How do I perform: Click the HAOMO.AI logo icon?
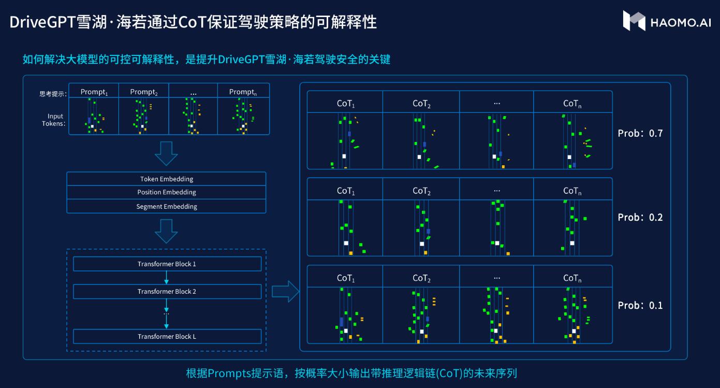click(x=634, y=20)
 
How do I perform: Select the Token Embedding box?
click(x=166, y=179)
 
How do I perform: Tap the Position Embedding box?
click(x=166, y=192)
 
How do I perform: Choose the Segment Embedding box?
click(x=166, y=206)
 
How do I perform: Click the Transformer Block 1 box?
click(x=167, y=264)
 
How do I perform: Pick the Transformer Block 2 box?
click(x=167, y=291)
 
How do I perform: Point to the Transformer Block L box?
click(x=167, y=336)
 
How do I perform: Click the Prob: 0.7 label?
click(x=640, y=133)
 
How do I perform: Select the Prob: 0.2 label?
click(x=640, y=217)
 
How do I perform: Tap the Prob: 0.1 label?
click(x=640, y=305)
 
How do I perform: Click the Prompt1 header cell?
click(x=94, y=92)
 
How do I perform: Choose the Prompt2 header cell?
click(x=144, y=92)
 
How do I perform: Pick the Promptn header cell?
click(x=243, y=92)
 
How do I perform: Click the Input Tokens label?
click(x=54, y=120)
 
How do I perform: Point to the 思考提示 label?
click(x=52, y=94)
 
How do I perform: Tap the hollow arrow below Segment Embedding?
click(x=166, y=231)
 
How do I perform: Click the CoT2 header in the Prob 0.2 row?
click(x=421, y=191)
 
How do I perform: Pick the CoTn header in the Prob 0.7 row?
click(x=572, y=104)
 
